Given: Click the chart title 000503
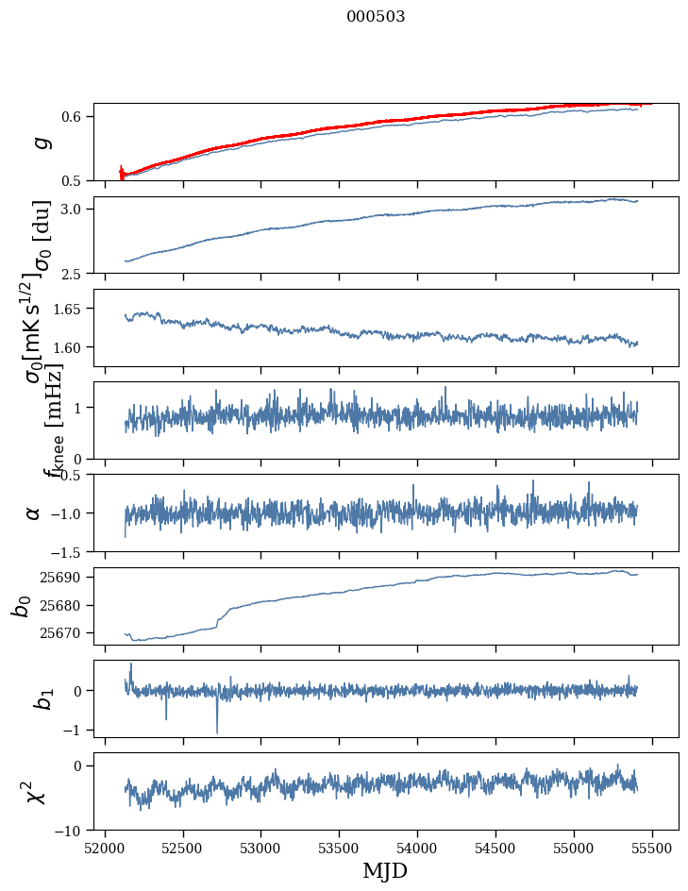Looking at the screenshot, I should (376, 16).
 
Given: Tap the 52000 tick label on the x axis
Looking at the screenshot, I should (105, 849).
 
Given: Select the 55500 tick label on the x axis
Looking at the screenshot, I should (653, 849).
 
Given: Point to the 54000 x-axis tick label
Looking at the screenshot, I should (418, 849).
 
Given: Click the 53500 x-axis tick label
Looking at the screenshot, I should (340, 849).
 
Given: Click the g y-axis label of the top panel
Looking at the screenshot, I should (40, 142).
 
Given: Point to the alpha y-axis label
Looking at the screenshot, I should (34, 512).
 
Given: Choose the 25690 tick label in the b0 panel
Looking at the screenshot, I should (64, 577).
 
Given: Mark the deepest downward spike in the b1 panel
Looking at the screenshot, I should (217, 732).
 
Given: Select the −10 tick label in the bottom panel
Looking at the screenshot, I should (72, 831).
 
